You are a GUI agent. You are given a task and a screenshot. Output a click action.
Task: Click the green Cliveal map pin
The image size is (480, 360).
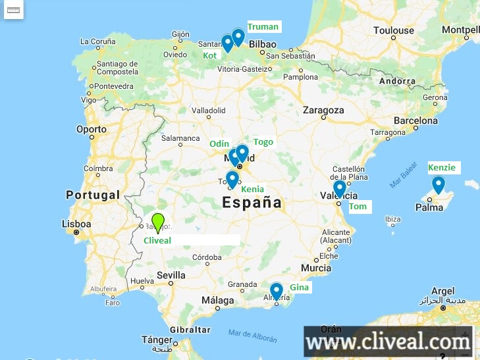click(x=157, y=222)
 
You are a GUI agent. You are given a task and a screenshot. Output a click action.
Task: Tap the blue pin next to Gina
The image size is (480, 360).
click(x=277, y=290)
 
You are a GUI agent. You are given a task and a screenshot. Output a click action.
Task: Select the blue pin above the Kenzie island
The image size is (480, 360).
click(x=438, y=184)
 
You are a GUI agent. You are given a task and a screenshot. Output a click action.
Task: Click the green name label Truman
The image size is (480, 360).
click(x=263, y=27)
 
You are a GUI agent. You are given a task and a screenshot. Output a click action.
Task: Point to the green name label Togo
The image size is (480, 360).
click(x=263, y=142)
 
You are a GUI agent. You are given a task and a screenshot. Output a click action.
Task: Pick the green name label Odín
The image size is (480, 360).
click(x=219, y=143)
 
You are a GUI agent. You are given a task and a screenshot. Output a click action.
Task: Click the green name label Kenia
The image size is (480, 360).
click(x=252, y=190)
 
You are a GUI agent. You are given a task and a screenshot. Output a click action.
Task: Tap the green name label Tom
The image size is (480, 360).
click(x=358, y=207)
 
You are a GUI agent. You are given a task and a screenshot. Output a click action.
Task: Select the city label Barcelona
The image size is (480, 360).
click(x=415, y=121)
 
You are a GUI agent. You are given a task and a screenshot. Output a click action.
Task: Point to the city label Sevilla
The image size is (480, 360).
click(x=171, y=275)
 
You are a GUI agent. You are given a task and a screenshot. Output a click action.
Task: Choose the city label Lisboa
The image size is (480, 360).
click(x=76, y=224)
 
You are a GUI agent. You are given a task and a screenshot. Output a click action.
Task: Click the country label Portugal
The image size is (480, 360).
click(x=93, y=195)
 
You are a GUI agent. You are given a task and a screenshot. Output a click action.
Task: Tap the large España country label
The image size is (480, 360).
click(x=252, y=203)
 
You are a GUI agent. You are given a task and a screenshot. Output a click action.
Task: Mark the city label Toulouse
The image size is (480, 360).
click(x=393, y=30)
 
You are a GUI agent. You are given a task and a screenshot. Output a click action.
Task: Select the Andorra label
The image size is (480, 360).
click(x=398, y=81)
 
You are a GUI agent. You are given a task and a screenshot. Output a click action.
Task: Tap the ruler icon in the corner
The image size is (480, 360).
click(x=14, y=10)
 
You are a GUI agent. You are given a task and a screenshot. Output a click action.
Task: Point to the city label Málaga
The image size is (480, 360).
click(x=218, y=300)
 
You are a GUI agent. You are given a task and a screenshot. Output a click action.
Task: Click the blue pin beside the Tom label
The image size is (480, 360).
click(x=340, y=188)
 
